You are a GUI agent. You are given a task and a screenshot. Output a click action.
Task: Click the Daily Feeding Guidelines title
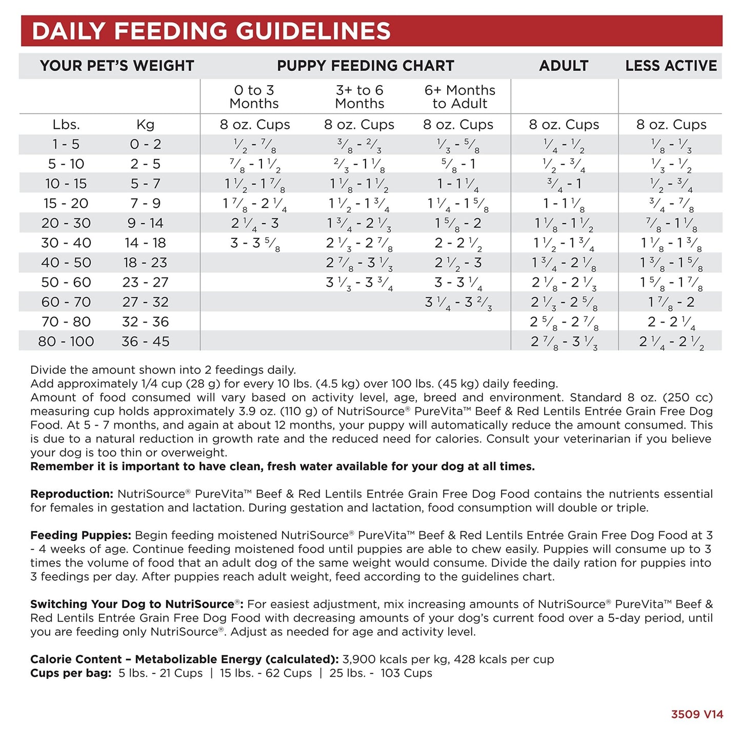[x=211, y=31]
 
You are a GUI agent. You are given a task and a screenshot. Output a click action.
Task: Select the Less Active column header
[x=671, y=66]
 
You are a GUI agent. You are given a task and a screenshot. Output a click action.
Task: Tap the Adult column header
[x=564, y=66]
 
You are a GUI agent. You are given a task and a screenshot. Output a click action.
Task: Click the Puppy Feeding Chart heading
[x=365, y=66]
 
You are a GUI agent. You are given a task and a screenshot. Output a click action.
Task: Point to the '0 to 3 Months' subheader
[x=254, y=97]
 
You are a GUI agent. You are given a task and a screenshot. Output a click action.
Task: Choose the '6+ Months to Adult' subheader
[x=459, y=97]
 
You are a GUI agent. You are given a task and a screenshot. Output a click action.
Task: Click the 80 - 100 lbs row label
[x=66, y=342]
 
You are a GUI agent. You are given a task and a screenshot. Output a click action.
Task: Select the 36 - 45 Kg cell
[x=146, y=342]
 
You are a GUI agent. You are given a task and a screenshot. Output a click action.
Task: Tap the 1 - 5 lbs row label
[x=66, y=145]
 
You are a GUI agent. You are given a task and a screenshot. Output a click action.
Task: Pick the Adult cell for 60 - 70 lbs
[x=564, y=303]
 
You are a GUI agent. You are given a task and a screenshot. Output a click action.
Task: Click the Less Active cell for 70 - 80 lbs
[x=671, y=322]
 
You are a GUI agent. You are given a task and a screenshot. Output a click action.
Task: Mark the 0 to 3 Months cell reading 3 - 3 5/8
[x=255, y=243]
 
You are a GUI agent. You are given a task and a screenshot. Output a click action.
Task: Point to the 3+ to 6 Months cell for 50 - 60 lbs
[x=359, y=283]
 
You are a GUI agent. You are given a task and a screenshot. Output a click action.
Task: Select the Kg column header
[x=146, y=125]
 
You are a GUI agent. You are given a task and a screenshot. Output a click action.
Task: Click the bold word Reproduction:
[x=72, y=494]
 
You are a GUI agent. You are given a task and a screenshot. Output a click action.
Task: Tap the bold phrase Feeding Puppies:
[x=81, y=535]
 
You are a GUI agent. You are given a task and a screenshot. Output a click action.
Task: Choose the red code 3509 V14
[x=697, y=714]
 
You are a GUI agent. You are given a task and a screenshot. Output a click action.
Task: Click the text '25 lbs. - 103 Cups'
[x=380, y=673]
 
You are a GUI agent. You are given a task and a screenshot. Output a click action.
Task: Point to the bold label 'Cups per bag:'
[x=71, y=673]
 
